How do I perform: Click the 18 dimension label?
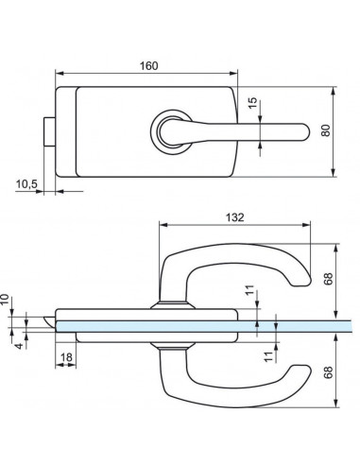click(65, 358)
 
